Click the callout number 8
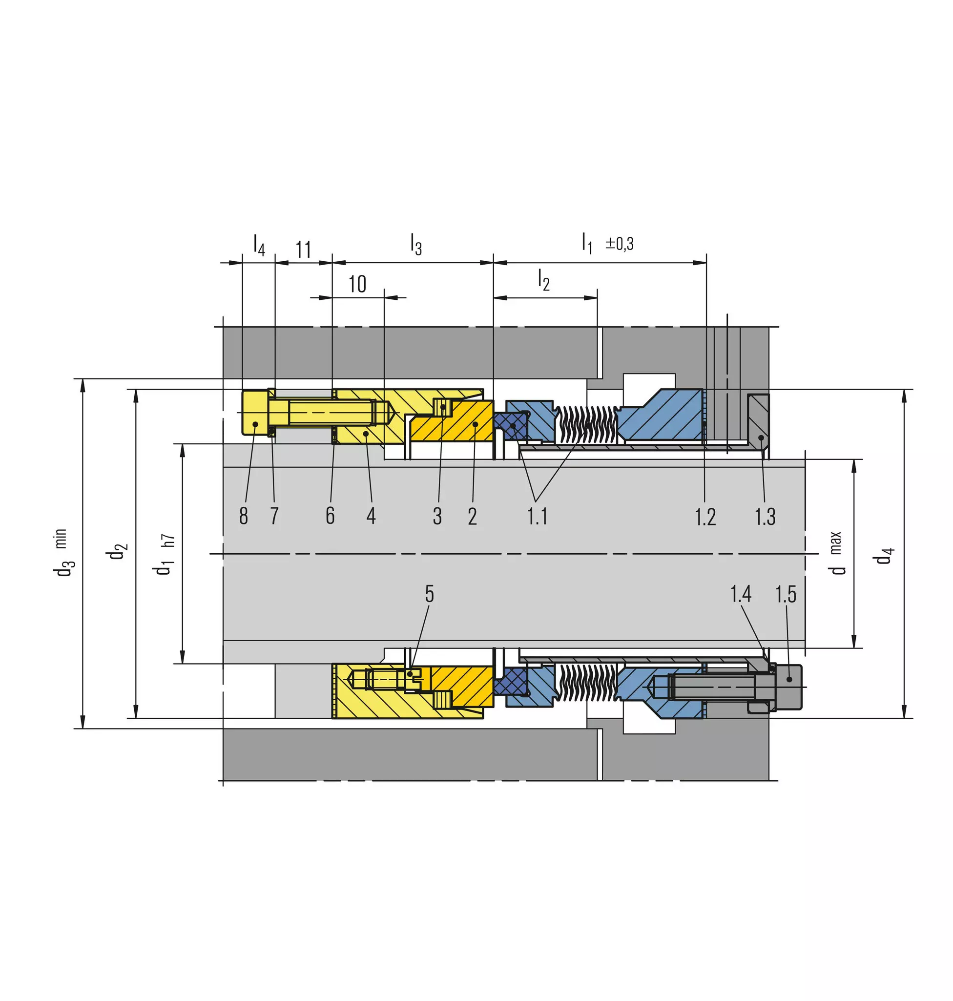coord(244,516)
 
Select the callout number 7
coord(274,516)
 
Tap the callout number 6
coord(330,516)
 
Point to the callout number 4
coord(372,516)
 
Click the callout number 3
coord(437,516)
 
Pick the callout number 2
coord(473,516)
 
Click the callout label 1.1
coord(537,516)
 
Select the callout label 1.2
coord(705,517)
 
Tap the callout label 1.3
coord(765,517)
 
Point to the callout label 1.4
coord(741,593)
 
